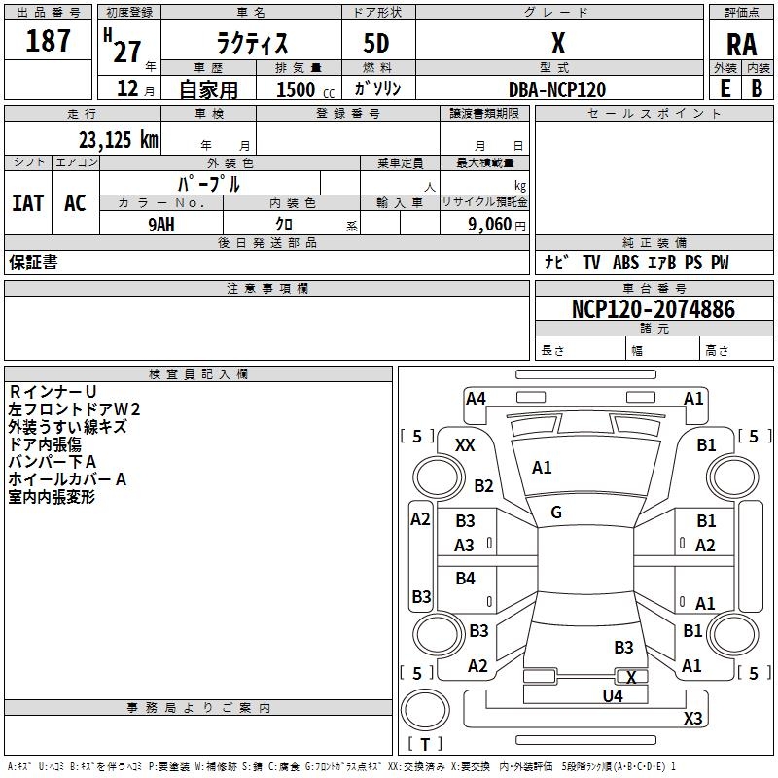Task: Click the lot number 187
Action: tap(48, 40)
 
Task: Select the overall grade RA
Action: tap(741, 45)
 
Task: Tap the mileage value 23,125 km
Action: tap(119, 139)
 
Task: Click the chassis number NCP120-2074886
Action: tap(653, 308)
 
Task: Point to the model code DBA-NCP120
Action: tap(557, 89)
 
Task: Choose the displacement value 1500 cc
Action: tap(305, 89)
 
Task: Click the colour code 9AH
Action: tap(161, 225)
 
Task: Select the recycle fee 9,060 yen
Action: tap(497, 225)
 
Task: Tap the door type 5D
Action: tap(376, 43)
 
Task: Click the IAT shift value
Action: tap(28, 203)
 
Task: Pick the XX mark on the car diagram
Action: tap(465, 445)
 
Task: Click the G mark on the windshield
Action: tap(556, 513)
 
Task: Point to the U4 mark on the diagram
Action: tap(613, 696)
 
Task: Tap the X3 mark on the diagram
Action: tap(692, 718)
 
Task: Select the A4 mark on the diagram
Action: tap(476, 399)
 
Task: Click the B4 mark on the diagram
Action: tap(466, 578)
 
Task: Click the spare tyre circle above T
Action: tap(425, 710)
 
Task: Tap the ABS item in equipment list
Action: tap(625, 263)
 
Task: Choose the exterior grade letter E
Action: tap(725, 88)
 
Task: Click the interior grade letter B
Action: tap(757, 88)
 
